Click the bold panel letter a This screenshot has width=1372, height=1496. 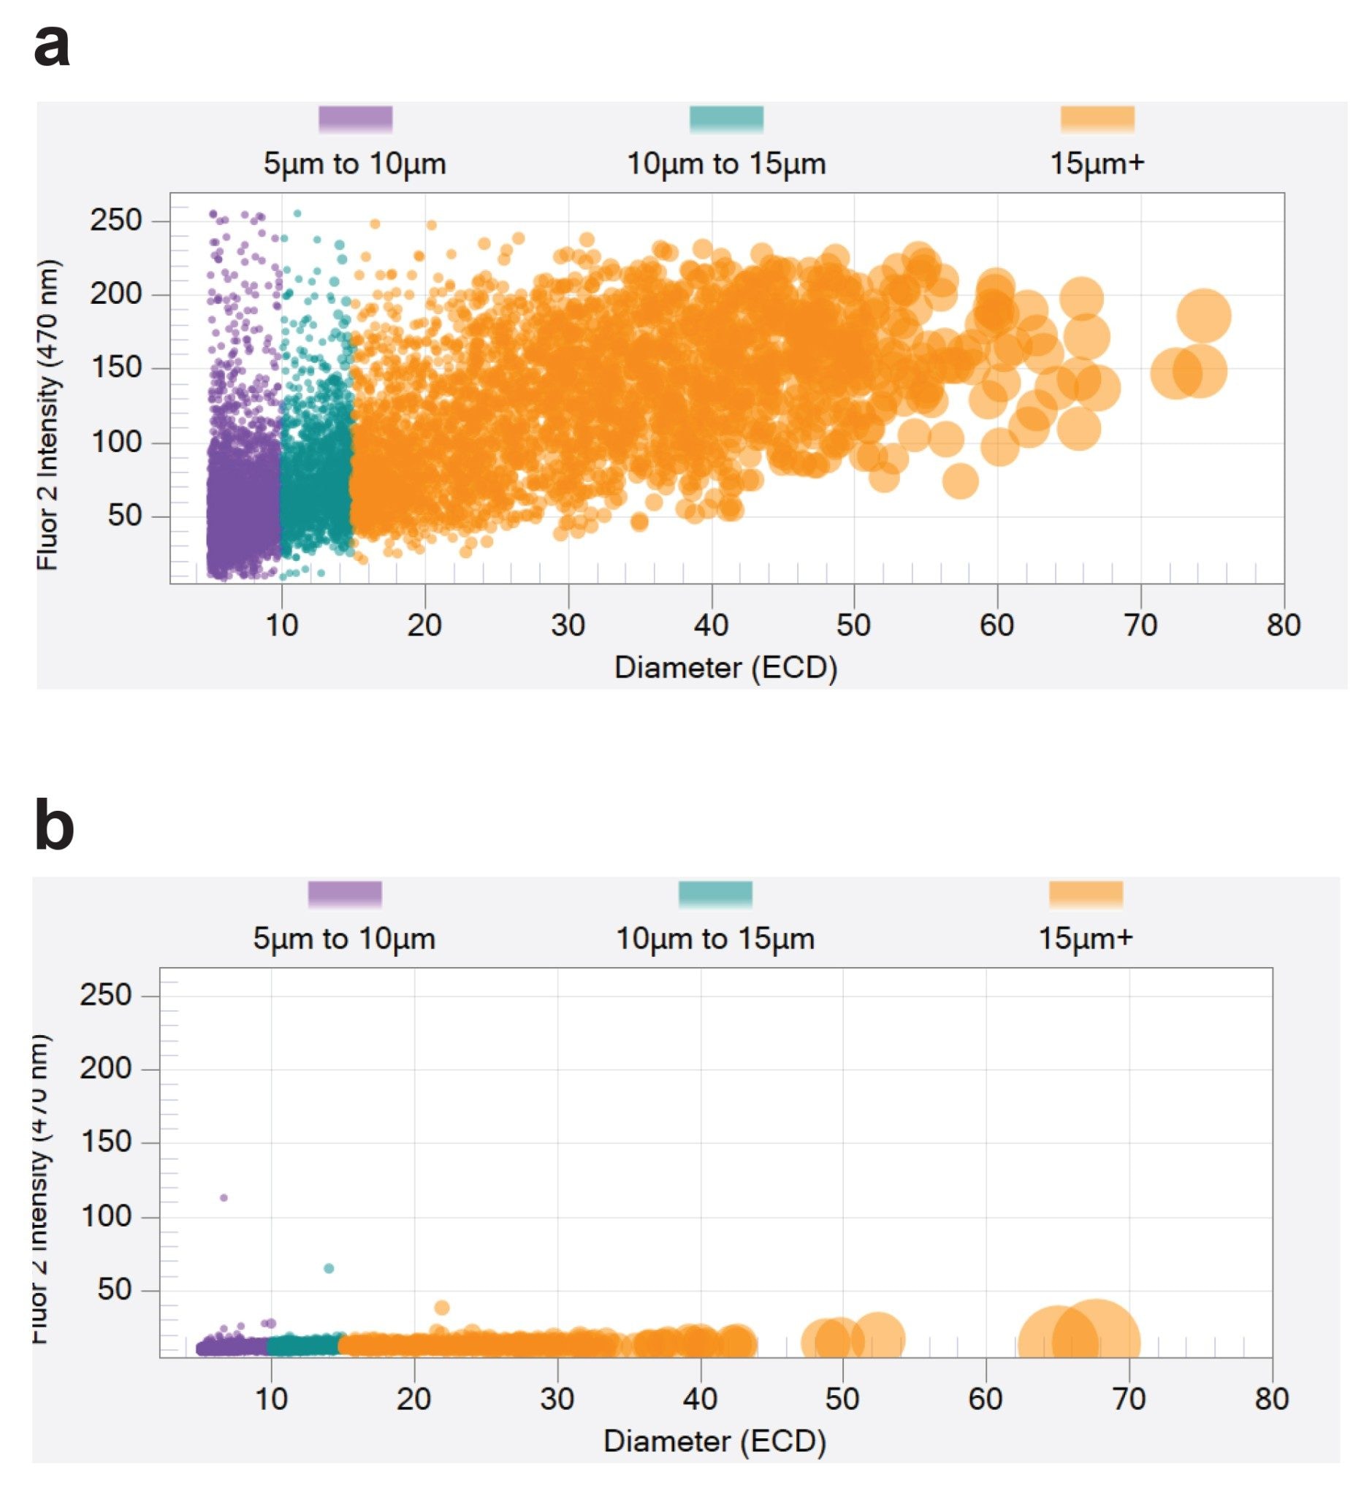tap(52, 47)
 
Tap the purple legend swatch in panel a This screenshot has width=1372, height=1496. tap(355, 119)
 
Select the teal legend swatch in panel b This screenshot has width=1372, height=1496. tap(715, 894)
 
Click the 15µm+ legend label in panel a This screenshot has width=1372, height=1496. tap(1097, 164)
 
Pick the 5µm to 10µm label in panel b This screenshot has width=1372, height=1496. tap(344, 939)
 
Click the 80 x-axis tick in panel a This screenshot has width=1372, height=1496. tap(1283, 626)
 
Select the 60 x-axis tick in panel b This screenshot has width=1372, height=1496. tap(986, 1400)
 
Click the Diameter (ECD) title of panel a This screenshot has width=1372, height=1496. tap(725, 668)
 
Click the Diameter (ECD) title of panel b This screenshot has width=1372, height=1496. tap(714, 1441)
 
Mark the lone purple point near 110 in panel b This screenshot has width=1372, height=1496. tap(224, 1197)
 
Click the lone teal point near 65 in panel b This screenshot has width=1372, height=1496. tap(329, 1268)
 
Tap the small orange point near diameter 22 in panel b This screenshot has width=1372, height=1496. tap(442, 1308)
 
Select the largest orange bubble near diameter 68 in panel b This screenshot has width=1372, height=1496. tap(1096, 1342)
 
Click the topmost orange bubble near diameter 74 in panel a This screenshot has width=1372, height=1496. tap(1203, 316)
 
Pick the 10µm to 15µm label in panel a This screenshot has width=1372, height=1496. tap(726, 164)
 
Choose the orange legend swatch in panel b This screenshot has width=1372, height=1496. tap(1086, 894)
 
